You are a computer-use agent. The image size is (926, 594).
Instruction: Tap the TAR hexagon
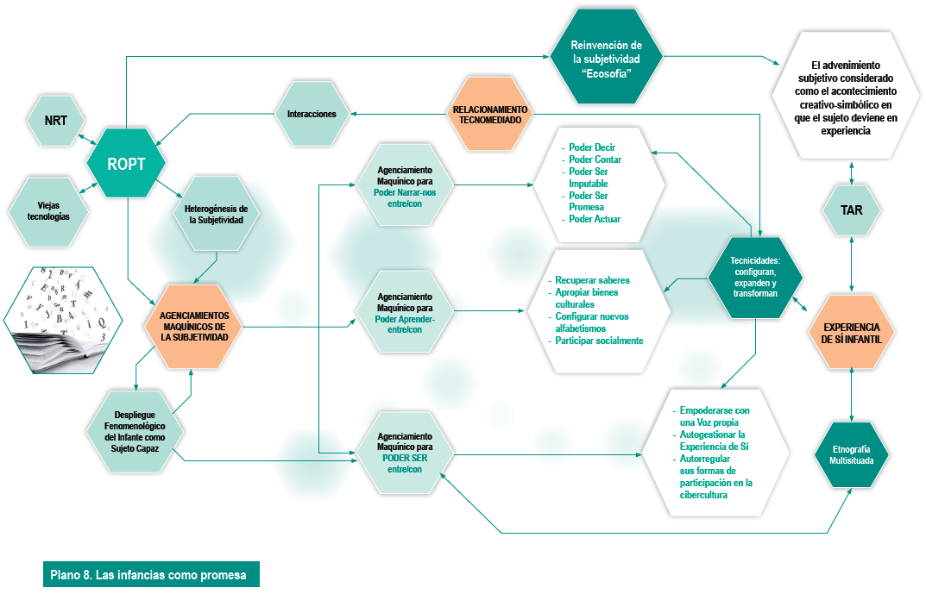[852, 210]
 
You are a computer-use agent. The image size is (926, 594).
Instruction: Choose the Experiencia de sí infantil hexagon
[852, 333]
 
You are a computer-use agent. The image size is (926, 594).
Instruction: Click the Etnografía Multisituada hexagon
[852, 456]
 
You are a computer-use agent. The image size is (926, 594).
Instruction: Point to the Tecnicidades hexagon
[755, 278]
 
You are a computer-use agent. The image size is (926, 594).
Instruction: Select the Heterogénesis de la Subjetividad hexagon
[216, 214]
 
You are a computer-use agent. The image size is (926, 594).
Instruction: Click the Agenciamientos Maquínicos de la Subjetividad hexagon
[194, 326]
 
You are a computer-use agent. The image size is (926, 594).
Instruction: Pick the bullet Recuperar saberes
[592, 280]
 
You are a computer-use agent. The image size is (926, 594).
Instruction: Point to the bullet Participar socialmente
[599, 341]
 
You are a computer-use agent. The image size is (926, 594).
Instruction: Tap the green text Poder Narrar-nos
[405, 192]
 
